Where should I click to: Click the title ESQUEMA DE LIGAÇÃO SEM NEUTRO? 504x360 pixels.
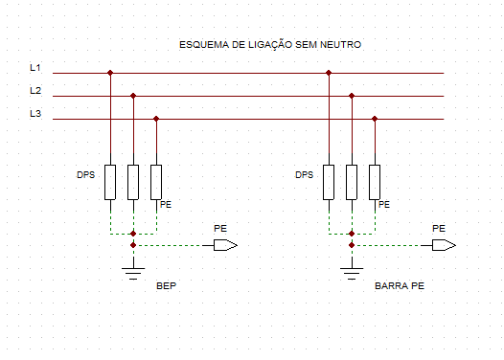[269, 45]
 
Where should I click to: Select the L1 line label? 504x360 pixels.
[35, 68]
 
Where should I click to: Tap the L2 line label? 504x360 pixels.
[35, 91]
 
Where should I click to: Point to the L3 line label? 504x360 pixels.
[35, 114]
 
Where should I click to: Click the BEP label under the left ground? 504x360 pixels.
[167, 286]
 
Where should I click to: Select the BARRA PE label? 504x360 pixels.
[399, 286]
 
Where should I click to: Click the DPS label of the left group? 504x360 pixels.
[86, 175]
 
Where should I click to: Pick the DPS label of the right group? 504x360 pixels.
[305, 175]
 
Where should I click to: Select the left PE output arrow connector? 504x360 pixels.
[225, 245]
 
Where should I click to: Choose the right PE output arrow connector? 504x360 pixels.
[444, 245]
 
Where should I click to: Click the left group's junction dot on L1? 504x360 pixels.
[110, 73]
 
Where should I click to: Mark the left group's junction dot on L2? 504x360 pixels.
[133, 96]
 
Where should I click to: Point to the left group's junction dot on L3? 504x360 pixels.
[156, 119]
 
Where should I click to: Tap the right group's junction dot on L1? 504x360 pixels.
[329, 73]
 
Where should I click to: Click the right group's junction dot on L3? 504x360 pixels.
[375, 119]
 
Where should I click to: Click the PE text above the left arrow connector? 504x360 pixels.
[219, 228]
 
